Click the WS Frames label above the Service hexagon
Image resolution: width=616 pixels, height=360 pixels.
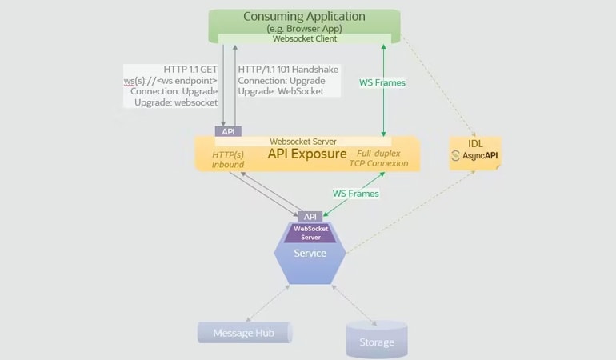point(355,193)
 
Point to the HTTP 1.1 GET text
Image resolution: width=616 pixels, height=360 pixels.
point(191,70)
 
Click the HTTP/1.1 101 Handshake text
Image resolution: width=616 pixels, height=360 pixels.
point(288,70)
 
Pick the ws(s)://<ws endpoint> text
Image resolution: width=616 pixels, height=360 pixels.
point(171,81)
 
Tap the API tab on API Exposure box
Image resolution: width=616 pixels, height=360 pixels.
point(227,130)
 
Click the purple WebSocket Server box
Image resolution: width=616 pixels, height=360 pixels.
point(310,233)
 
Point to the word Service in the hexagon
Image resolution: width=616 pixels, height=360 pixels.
point(310,254)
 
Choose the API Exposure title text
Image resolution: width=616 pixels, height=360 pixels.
point(307,154)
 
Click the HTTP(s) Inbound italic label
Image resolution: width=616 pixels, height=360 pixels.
point(228,158)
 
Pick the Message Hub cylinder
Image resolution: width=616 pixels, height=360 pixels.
point(245,332)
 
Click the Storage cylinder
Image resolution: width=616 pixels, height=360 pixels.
point(376,339)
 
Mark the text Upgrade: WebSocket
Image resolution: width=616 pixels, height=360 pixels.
point(281,92)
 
